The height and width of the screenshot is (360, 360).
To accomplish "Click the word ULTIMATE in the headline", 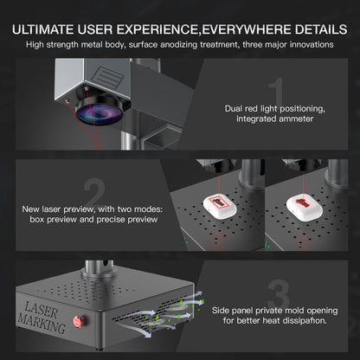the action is (x=42, y=29).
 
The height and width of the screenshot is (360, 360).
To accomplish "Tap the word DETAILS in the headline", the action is (x=321, y=29).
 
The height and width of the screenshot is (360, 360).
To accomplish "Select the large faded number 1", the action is (x=276, y=92).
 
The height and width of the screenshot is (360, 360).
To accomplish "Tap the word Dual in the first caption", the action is (x=234, y=109).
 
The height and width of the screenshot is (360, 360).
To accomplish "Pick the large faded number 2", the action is (x=94, y=192).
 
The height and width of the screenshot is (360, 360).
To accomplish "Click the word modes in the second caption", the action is (x=149, y=209).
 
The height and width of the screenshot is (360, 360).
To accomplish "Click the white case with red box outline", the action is (x=220, y=205).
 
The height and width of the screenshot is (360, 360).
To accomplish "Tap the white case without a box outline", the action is (x=305, y=205).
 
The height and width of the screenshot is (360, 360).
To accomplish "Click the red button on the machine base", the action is (x=78, y=320).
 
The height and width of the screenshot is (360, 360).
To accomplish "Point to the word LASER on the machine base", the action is (x=42, y=310).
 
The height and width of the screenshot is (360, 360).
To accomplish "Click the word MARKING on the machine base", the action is (x=42, y=323).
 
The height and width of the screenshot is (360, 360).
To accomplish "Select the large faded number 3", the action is (x=279, y=293).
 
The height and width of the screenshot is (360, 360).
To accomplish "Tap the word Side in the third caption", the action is (x=221, y=311).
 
